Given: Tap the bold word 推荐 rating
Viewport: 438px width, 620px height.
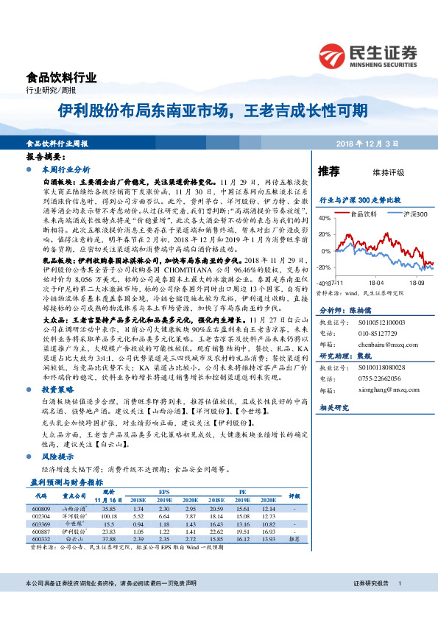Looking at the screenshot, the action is tap(329, 172).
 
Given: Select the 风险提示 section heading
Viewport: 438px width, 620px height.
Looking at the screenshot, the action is tap(59, 457).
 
